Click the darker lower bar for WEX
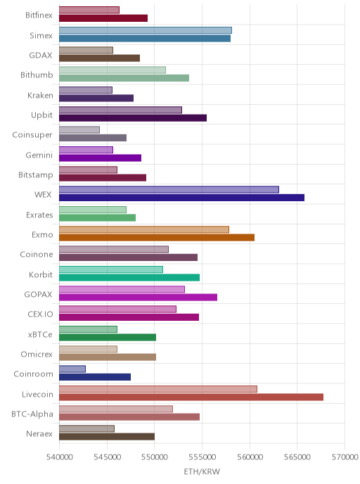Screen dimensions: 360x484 [181, 198]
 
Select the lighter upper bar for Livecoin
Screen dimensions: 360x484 [158, 389]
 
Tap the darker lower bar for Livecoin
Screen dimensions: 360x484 [191, 397]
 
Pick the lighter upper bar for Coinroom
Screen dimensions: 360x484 [72, 369]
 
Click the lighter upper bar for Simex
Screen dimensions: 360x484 [146, 30]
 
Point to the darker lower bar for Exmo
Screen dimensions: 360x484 [157, 237]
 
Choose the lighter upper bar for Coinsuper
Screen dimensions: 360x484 [79, 129]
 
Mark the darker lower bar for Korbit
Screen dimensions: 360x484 [129, 277]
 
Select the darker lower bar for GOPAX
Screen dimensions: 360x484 [139, 298]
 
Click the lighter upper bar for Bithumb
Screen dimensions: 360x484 [112, 70]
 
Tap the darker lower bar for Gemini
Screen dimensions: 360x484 [101, 158]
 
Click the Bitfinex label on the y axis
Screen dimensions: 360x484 [39, 15]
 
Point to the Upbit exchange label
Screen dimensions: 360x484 [41, 115]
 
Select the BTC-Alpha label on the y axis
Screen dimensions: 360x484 [32, 414]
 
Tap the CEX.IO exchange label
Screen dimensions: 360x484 [40, 314]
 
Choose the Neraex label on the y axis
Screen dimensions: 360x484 [39, 433]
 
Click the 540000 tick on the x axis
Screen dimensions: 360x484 [60, 457]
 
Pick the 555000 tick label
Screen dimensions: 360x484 [202, 457]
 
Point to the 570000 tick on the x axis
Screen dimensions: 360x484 [345, 457]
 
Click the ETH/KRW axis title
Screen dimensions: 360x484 [202, 471]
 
